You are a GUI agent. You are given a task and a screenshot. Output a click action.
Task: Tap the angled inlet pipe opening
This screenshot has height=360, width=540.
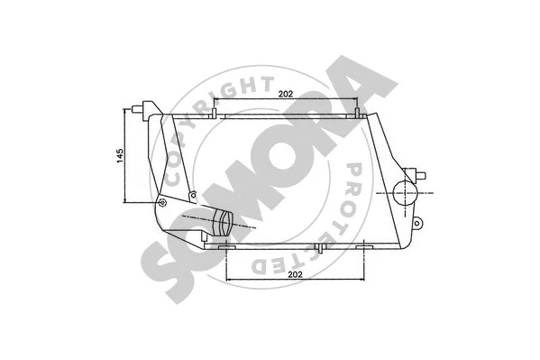224,222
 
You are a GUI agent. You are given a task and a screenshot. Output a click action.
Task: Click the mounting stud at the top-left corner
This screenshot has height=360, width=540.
140,109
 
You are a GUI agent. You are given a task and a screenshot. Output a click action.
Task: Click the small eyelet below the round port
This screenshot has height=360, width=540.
417,222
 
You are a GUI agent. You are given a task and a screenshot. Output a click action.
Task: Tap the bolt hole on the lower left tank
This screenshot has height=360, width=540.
163,203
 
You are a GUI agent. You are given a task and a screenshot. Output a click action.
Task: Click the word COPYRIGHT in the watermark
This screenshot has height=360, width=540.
212,106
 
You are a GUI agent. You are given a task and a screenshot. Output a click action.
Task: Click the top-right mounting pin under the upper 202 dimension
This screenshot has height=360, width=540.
358,113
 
